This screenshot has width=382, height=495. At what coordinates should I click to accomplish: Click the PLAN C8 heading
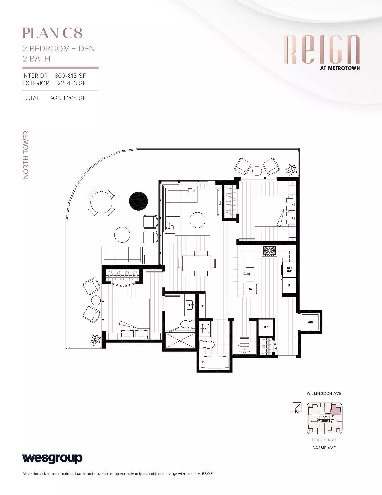[52, 33]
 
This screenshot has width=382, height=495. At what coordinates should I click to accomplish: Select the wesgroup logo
[52, 458]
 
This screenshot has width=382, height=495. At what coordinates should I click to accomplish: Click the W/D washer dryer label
[310, 322]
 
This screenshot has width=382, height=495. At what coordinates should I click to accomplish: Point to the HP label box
[265, 327]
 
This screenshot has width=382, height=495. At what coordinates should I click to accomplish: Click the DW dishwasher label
[250, 289]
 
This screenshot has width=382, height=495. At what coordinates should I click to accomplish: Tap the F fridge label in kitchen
[289, 285]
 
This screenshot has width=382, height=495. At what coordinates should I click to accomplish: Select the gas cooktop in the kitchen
[269, 251]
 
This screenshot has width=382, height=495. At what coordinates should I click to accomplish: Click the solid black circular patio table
[138, 201]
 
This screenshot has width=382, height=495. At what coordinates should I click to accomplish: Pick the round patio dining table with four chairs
[101, 202]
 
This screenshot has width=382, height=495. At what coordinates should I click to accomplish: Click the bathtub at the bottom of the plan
[215, 361]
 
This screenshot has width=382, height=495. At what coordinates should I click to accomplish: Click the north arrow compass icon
[296, 408]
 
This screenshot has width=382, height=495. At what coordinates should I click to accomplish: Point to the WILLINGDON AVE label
[324, 393]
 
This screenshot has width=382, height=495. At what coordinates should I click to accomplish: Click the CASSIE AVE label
[324, 448]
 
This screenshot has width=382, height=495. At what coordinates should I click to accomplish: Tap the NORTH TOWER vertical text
[26, 155]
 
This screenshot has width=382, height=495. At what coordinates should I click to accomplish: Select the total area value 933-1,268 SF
[68, 98]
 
